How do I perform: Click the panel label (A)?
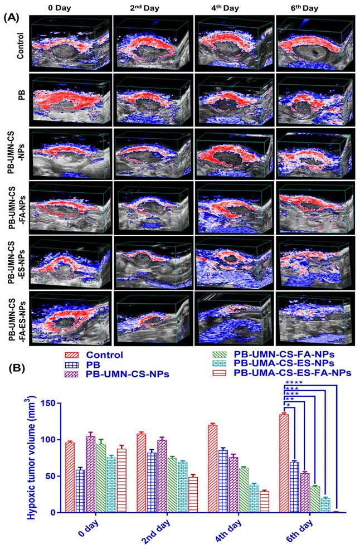pyautogui.click(x=12, y=17)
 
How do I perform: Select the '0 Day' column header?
pyautogui.click(x=71, y=8)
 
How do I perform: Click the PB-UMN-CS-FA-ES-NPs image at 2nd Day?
pyautogui.click(x=153, y=319)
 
